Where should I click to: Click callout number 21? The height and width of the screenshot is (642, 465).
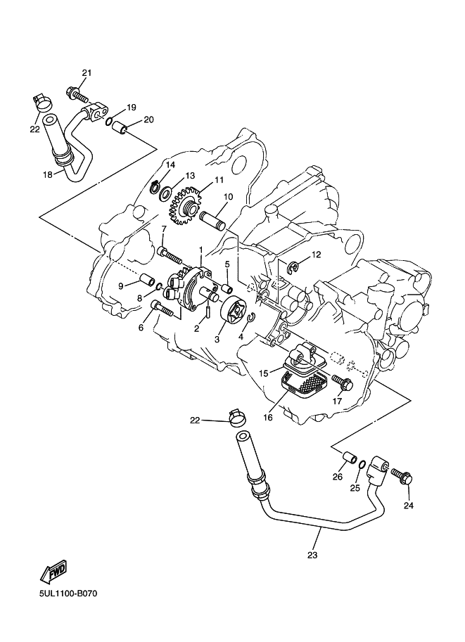point(87,72)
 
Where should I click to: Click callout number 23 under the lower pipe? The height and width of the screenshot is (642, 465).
point(312,555)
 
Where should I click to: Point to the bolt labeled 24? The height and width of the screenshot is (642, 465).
point(401,477)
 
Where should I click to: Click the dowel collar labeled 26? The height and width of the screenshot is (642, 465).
point(348,458)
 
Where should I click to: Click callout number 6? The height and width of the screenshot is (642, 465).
point(141,328)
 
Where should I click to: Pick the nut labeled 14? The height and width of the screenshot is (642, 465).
point(153,186)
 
